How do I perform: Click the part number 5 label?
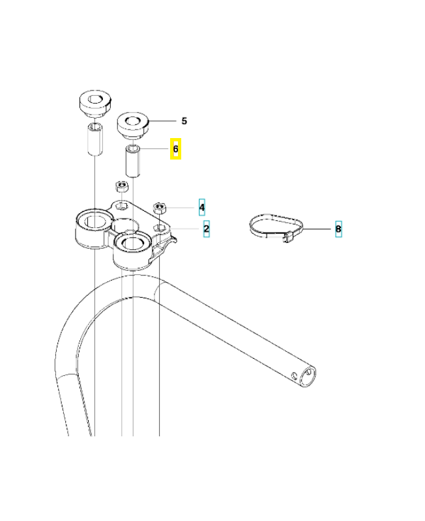click(x=184, y=121)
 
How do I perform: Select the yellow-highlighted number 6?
click(x=175, y=150)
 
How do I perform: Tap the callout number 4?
click(x=201, y=208)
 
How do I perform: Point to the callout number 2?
click(x=206, y=229)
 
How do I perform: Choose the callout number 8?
click(x=338, y=229)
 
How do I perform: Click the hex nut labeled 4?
click(x=160, y=209)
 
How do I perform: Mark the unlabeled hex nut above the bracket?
click(x=121, y=187)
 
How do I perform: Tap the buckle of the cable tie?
click(x=287, y=238)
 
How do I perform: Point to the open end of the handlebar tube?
click(x=311, y=376)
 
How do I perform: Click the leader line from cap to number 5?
click(x=163, y=121)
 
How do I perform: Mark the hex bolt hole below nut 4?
click(x=160, y=229)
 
